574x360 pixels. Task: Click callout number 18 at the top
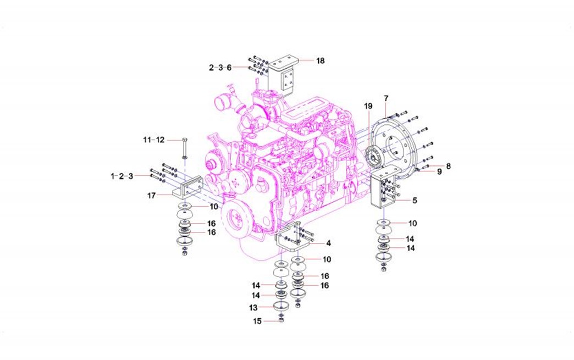point(321,60)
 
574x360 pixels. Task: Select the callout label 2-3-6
point(220,68)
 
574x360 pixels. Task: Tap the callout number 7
point(386,98)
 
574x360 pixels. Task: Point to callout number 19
point(368,106)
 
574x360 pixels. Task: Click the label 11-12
point(154,140)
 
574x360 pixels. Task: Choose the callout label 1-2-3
point(122,176)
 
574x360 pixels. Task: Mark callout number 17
point(152,196)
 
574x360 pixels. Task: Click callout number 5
point(415,201)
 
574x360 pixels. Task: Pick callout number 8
point(449,166)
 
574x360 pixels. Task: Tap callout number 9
point(440,171)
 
